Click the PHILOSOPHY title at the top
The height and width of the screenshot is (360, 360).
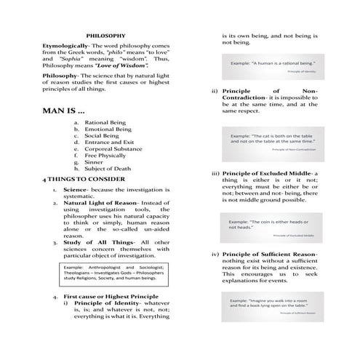(106, 35)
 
